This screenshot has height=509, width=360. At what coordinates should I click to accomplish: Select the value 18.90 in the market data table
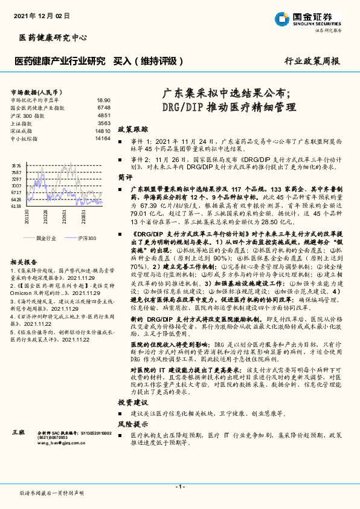103,100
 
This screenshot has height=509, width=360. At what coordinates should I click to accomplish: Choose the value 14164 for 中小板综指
102,138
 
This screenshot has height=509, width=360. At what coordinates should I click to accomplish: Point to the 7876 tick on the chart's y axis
16,165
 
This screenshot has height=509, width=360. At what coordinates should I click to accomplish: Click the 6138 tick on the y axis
16,206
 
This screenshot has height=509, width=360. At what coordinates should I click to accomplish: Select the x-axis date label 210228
46,219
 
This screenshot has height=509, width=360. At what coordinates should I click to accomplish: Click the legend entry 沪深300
85,238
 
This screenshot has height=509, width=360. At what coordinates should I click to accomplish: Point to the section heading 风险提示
132,424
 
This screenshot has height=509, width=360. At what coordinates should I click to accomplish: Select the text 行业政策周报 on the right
312,61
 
